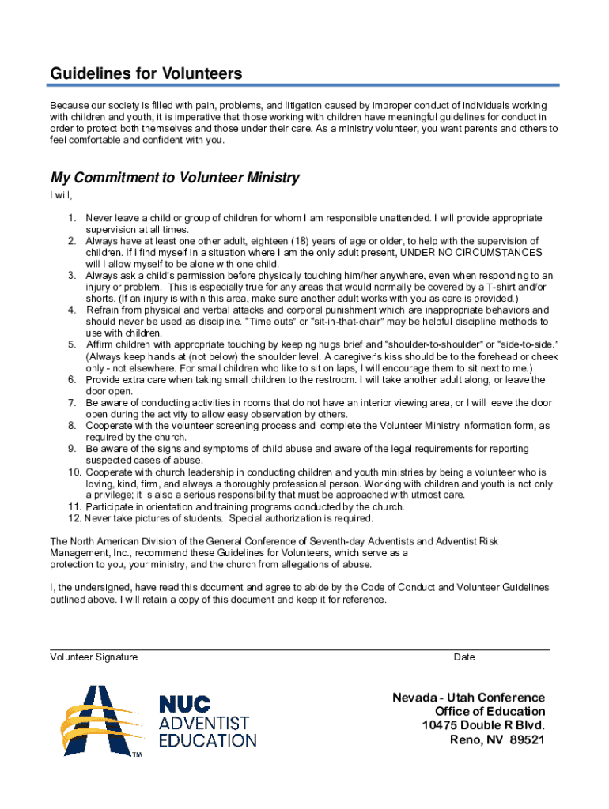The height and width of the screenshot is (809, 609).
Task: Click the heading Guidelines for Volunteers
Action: pos(146,74)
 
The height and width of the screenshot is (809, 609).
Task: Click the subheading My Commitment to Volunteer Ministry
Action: pos(175,178)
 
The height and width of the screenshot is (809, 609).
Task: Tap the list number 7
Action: pos(71,403)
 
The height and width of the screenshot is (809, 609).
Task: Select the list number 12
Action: pos(74,519)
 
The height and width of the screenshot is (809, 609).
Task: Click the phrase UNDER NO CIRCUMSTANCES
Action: pos(471,252)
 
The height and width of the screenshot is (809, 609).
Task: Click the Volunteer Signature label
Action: pos(94,657)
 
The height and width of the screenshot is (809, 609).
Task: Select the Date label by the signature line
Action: pos(464,657)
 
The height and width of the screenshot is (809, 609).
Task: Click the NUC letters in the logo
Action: pos(184,704)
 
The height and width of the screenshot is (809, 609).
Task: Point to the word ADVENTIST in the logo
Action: pos(204,724)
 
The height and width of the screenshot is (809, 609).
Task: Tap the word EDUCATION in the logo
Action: pos(208,741)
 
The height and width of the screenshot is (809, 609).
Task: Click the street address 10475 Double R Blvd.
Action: pos(483,726)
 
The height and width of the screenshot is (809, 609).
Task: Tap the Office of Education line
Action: pos(490,712)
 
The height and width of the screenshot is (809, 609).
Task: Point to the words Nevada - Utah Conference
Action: pos(469,698)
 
